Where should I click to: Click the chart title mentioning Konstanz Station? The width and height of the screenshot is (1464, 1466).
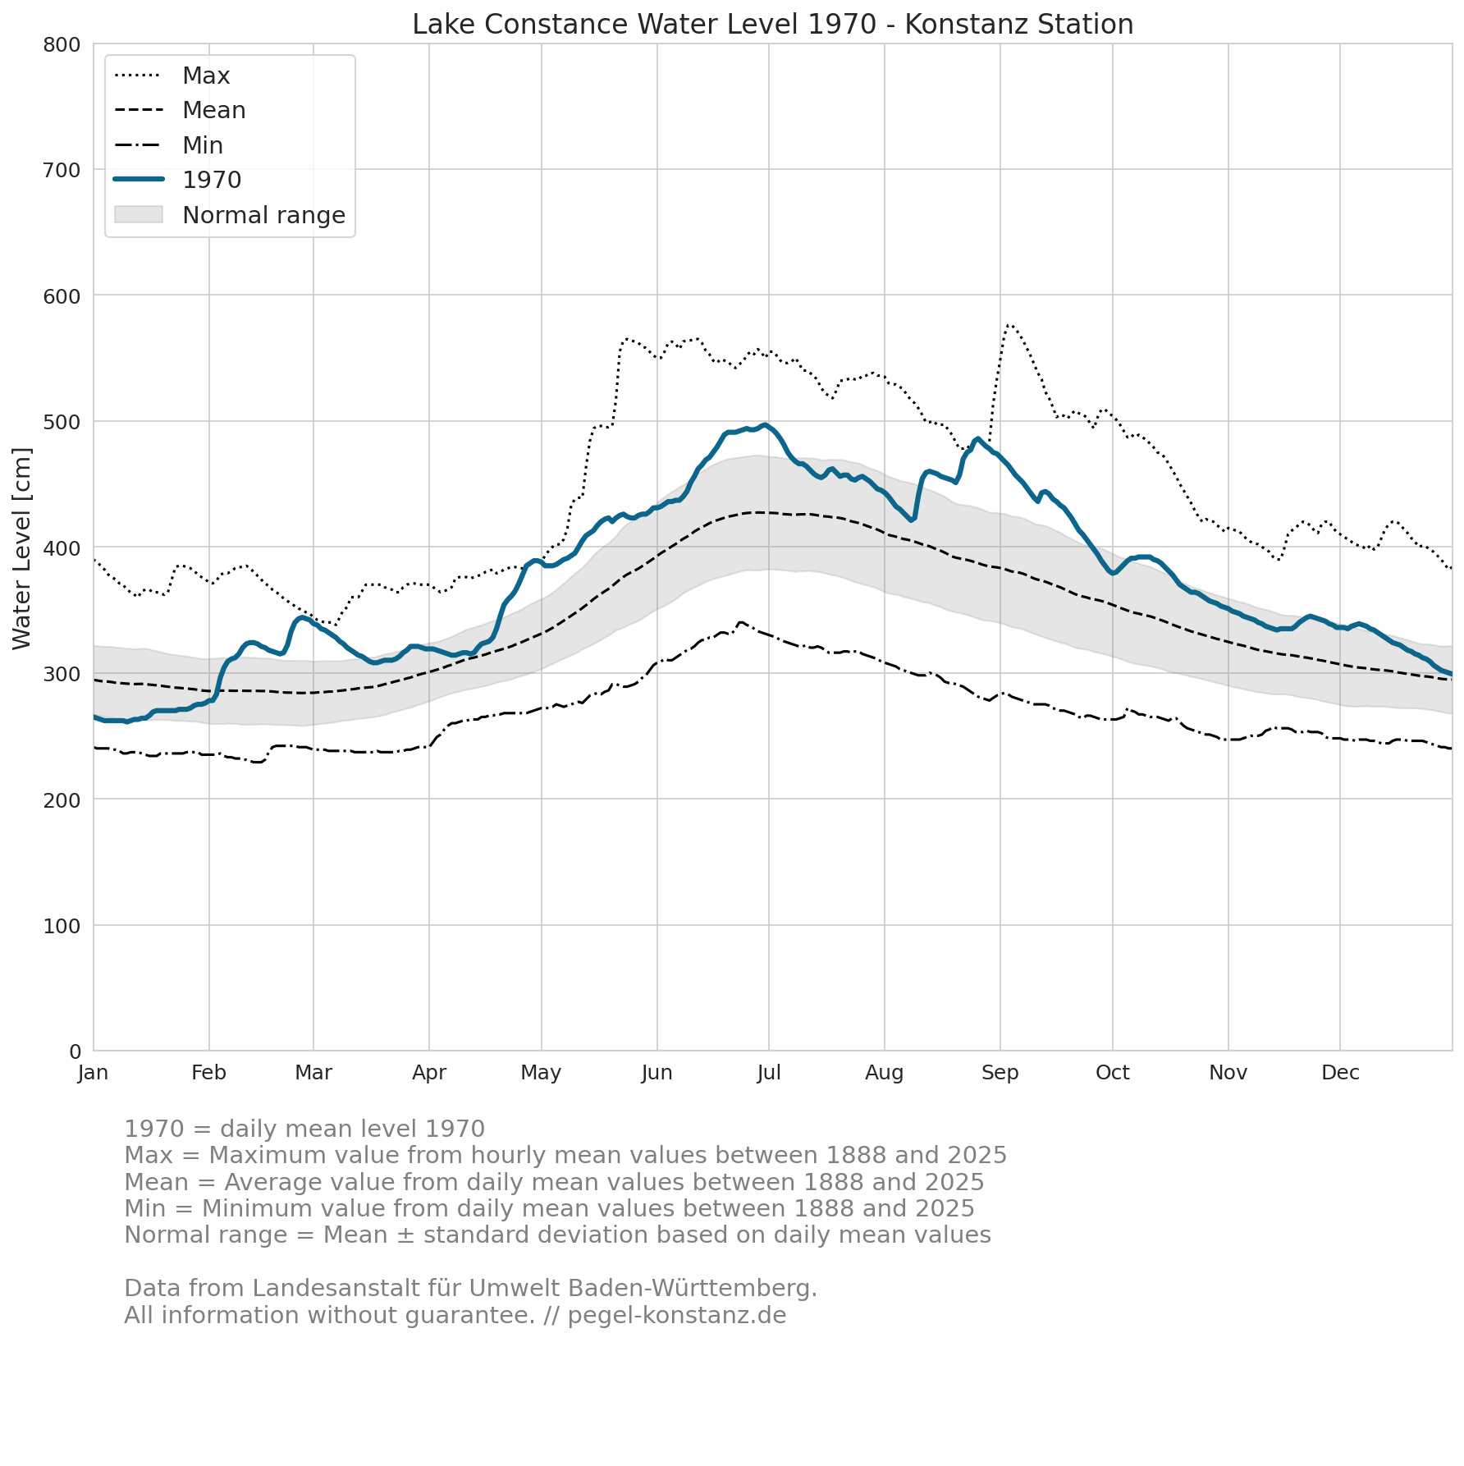(x=772, y=25)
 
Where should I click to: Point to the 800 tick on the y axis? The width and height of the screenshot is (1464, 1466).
(x=62, y=44)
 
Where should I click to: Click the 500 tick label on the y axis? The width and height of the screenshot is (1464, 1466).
(x=62, y=422)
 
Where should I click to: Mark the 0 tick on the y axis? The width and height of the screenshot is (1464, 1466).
(x=75, y=1051)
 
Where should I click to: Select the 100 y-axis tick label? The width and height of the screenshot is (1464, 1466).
(x=62, y=926)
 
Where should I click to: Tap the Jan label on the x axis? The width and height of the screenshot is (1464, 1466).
(x=94, y=1073)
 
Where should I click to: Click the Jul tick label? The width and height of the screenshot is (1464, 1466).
(x=769, y=1073)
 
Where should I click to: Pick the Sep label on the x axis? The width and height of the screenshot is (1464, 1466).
(x=1000, y=1073)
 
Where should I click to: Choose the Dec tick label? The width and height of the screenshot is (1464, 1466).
(x=1340, y=1073)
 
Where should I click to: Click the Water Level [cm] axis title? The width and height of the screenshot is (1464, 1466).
(x=22, y=548)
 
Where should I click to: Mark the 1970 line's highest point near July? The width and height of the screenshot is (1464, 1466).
(x=765, y=424)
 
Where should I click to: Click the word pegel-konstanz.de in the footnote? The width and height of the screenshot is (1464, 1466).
(x=677, y=1316)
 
